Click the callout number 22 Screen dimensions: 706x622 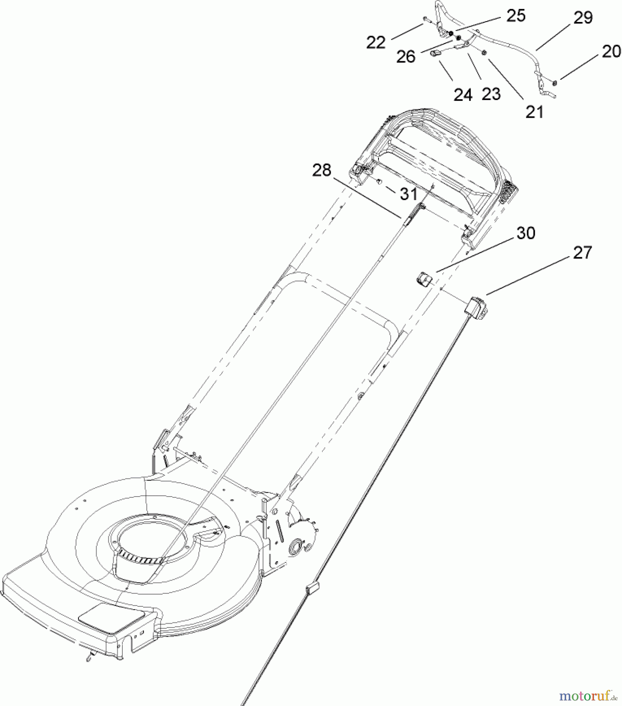point(376,42)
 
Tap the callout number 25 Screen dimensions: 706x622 point(516,16)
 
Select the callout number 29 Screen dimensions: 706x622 point(583,18)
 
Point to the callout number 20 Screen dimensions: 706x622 point(611,52)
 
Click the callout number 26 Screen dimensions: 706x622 point(406,57)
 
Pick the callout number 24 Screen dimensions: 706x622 point(463,95)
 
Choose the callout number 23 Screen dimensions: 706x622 point(491,94)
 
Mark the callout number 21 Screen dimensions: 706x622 point(535,112)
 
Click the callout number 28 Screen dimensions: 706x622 point(322,170)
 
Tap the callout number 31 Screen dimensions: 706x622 point(408,193)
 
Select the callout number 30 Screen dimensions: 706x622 point(526,233)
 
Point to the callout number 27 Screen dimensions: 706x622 point(582,253)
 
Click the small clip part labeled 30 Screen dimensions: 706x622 point(424,280)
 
